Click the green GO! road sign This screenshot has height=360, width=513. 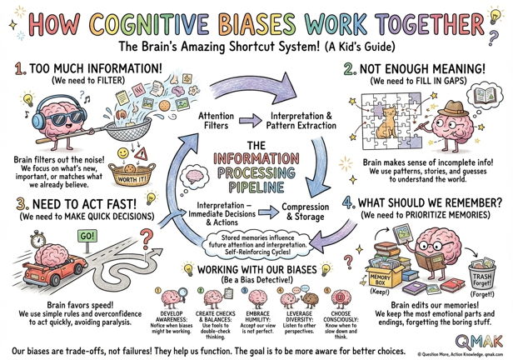pyautogui.click(x=87, y=236)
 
